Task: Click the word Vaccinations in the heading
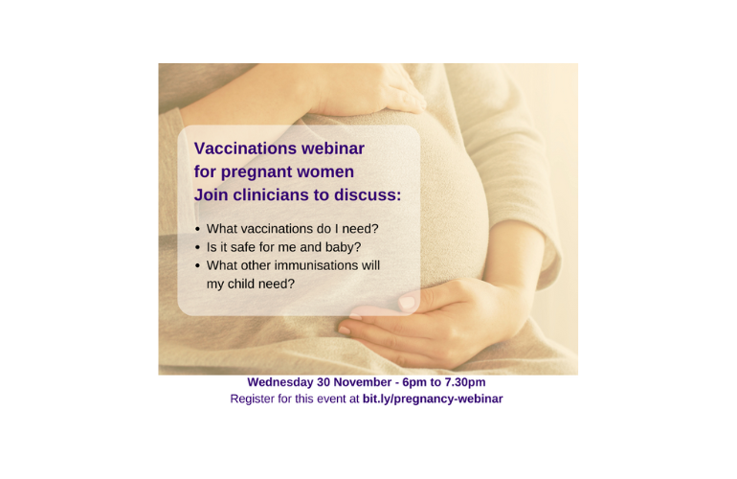click(x=245, y=148)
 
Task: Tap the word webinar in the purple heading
click(x=333, y=148)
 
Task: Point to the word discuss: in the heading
click(x=368, y=194)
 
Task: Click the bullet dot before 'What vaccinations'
click(x=197, y=230)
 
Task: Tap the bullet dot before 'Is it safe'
click(x=197, y=247)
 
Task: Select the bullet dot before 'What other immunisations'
click(x=197, y=266)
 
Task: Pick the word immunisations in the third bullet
click(x=316, y=265)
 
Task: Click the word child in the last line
click(x=241, y=284)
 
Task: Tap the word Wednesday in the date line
click(x=280, y=382)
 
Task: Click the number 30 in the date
click(x=324, y=382)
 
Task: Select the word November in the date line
click(x=363, y=382)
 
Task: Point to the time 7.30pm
click(x=465, y=382)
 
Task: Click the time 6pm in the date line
click(x=414, y=382)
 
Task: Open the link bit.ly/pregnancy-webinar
click(x=433, y=399)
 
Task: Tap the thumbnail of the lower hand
click(x=407, y=302)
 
